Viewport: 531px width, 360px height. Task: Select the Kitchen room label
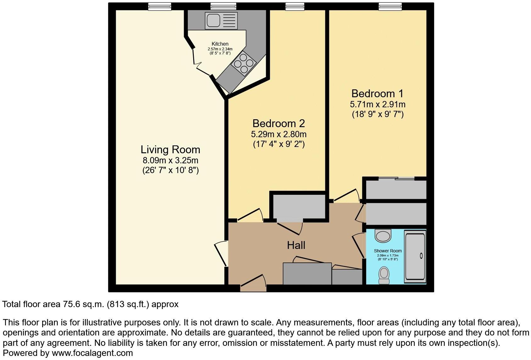coord(220,44)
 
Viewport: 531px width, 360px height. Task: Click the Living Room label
coord(170,149)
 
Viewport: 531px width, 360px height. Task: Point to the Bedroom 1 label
coord(377,94)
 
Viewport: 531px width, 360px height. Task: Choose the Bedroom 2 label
coord(278,123)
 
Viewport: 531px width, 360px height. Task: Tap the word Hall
coord(296,245)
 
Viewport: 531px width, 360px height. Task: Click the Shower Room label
coord(388,251)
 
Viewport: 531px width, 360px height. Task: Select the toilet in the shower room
coord(384,275)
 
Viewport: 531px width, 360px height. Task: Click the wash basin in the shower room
coord(383,236)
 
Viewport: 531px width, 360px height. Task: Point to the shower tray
coord(415,256)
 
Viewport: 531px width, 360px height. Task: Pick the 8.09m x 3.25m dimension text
coord(170,160)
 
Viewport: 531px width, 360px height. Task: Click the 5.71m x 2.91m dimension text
coord(377,104)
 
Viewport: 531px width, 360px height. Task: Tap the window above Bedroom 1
coord(390,6)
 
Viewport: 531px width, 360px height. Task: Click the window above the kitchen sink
coord(223,6)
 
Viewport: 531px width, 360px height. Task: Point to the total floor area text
coord(90,304)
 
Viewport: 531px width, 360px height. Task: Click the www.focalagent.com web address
coord(92,353)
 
